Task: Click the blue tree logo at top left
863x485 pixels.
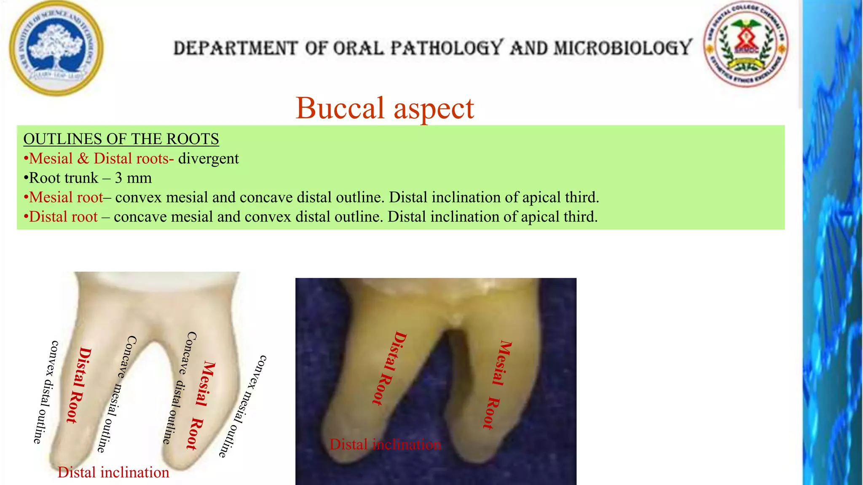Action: [56, 48]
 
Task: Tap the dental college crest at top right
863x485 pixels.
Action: [746, 44]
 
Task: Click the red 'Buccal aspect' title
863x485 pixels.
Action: [385, 108]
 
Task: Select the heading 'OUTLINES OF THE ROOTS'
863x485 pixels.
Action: [121, 139]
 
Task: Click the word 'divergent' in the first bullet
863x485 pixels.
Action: [208, 159]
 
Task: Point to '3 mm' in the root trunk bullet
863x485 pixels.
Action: [133, 178]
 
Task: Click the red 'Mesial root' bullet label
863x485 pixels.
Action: [66, 197]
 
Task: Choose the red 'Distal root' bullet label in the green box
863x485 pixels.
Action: [63, 217]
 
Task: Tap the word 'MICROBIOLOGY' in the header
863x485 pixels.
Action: [623, 48]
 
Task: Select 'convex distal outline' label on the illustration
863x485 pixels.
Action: [46, 392]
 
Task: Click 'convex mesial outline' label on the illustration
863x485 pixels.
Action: [243, 406]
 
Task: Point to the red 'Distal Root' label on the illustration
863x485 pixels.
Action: [79, 385]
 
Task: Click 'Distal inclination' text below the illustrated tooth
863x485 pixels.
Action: [113, 472]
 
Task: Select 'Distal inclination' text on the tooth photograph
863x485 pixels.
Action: [385, 445]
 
